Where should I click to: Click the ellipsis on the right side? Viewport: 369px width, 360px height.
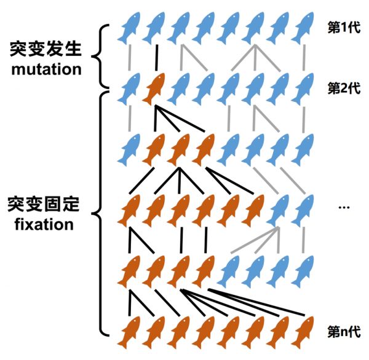click(x=344, y=207)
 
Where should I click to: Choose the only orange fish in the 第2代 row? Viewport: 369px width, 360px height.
click(x=154, y=88)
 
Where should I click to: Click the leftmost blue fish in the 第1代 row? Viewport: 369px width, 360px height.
click(x=129, y=28)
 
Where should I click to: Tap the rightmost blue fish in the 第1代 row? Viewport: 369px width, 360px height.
click(x=303, y=28)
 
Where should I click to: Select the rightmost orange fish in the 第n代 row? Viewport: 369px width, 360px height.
click(x=303, y=332)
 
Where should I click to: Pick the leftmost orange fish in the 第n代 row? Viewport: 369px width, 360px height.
click(x=129, y=332)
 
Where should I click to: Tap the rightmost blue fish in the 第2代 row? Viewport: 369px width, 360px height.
click(x=303, y=88)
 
